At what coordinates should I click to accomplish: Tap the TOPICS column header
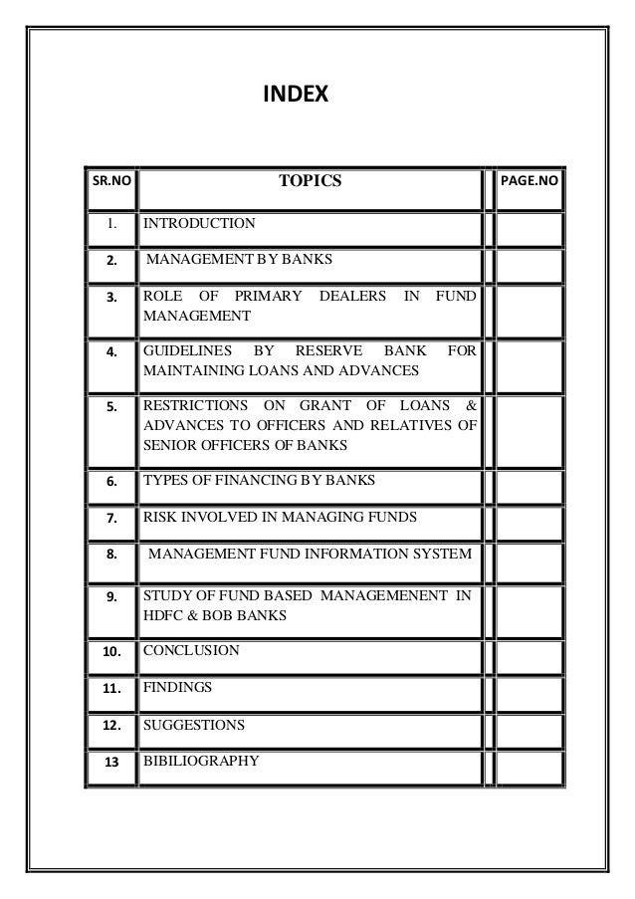(310, 181)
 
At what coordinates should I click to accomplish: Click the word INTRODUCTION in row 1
(199, 224)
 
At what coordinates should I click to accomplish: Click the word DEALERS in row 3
(352, 297)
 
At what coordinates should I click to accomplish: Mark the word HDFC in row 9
(162, 616)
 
